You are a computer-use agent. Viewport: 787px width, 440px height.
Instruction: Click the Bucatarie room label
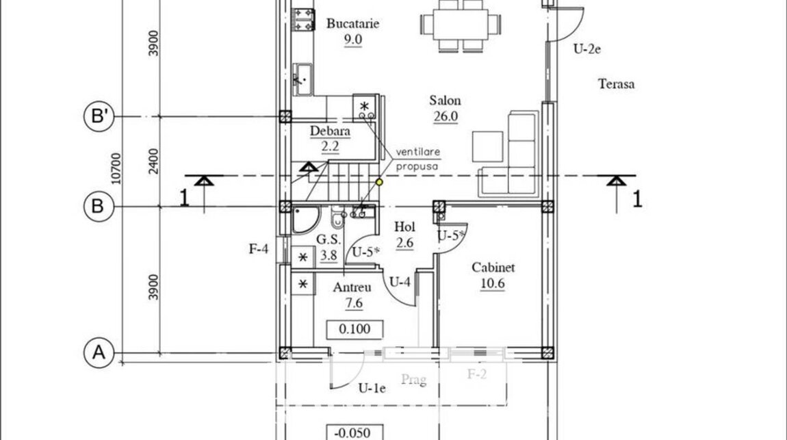[353, 23]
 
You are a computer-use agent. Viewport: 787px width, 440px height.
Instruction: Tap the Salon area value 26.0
[446, 116]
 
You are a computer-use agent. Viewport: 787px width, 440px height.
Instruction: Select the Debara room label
[330, 131]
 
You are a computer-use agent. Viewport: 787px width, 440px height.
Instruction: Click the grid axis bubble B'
[99, 116]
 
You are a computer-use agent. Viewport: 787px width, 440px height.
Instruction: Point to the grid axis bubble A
[99, 352]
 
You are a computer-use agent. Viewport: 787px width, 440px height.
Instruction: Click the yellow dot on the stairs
[379, 182]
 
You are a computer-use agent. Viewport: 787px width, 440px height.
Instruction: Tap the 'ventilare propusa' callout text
[417, 159]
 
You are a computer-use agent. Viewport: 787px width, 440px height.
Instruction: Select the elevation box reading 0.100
[355, 329]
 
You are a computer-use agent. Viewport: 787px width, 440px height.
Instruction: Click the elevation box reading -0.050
[355, 432]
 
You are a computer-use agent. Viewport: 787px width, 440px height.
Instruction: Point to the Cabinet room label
[493, 268]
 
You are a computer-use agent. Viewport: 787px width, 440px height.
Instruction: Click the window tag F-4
[259, 248]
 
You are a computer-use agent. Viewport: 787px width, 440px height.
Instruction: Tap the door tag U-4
[400, 282]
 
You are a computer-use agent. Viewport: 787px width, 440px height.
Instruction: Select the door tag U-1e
[372, 388]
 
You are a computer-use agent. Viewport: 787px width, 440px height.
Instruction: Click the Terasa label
[617, 83]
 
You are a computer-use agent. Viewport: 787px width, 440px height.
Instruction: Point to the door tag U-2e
[587, 49]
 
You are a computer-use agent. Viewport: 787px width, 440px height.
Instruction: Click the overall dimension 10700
[116, 168]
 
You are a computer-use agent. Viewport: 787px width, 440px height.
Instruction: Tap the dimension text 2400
[153, 161]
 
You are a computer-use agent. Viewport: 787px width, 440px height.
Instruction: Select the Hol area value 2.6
[404, 244]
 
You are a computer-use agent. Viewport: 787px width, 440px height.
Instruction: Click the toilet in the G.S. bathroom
[338, 217]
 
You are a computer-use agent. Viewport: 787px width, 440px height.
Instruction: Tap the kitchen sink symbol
[302, 79]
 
